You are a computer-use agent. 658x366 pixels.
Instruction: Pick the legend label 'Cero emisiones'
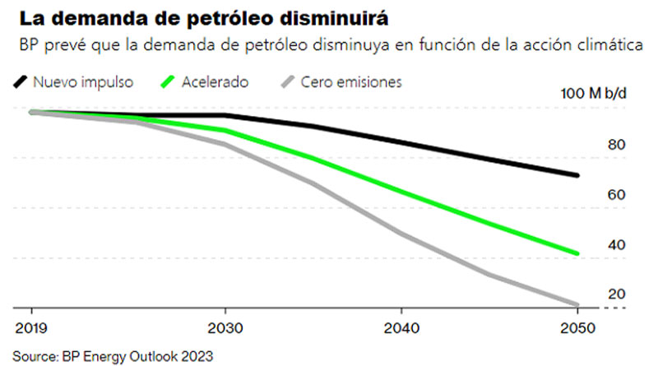click(x=351, y=82)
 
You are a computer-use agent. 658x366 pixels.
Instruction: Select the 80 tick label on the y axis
click(x=616, y=146)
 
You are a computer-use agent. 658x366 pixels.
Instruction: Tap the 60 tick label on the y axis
click(x=616, y=195)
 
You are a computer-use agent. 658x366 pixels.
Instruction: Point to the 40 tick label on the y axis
click(x=616, y=245)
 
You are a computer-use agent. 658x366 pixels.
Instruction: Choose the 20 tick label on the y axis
click(x=616, y=294)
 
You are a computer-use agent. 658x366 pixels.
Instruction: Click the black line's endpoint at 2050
click(x=578, y=175)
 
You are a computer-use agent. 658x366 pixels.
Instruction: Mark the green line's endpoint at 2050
click(x=578, y=253)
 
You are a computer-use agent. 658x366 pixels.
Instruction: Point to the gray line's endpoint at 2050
click(x=578, y=304)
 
